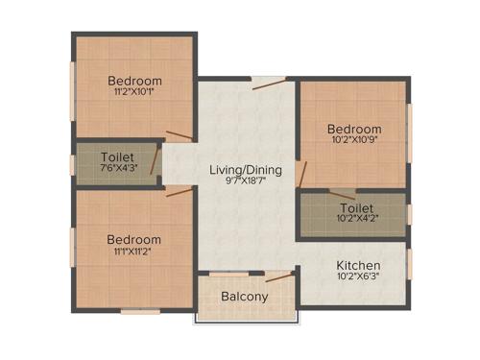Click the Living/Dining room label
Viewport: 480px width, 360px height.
point(246,170)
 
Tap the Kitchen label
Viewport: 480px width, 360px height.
point(357,265)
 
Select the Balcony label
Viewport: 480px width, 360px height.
point(244,297)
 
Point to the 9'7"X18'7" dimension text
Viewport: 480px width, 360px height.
point(246,181)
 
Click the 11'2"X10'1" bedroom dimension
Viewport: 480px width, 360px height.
point(134,92)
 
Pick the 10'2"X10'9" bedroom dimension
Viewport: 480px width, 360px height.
point(353,141)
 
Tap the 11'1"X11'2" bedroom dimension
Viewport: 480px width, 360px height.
point(133,251)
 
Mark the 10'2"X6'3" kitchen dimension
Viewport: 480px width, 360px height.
point(357,277)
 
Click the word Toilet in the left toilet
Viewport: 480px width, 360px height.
point(116,156)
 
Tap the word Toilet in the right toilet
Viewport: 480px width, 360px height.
point(356,207)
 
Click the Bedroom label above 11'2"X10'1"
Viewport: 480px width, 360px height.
point(134,80)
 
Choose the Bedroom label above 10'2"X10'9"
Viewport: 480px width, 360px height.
point(353,130)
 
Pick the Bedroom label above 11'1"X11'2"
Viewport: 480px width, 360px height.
point(133,239)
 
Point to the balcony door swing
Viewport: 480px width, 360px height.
point(278,277)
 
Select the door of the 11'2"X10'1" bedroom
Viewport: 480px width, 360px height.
point(179,136)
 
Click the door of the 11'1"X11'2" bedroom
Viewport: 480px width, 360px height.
point(179,191)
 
